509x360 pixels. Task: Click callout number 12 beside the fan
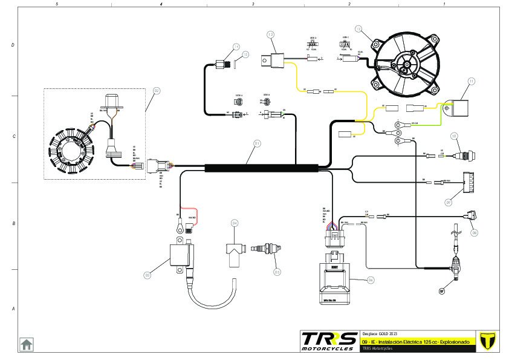point(358,28)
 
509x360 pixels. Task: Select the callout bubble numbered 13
point(271,34)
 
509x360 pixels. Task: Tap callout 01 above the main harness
point(256,143)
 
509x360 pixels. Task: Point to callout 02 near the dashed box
point(156,91)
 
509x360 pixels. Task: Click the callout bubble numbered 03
point(146,275)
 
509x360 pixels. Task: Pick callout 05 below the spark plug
point(277,272)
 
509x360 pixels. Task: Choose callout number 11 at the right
point(471,80)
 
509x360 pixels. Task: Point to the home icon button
point(27,344)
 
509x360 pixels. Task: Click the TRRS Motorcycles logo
point(329,341)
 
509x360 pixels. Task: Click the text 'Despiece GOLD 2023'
point(379,334)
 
